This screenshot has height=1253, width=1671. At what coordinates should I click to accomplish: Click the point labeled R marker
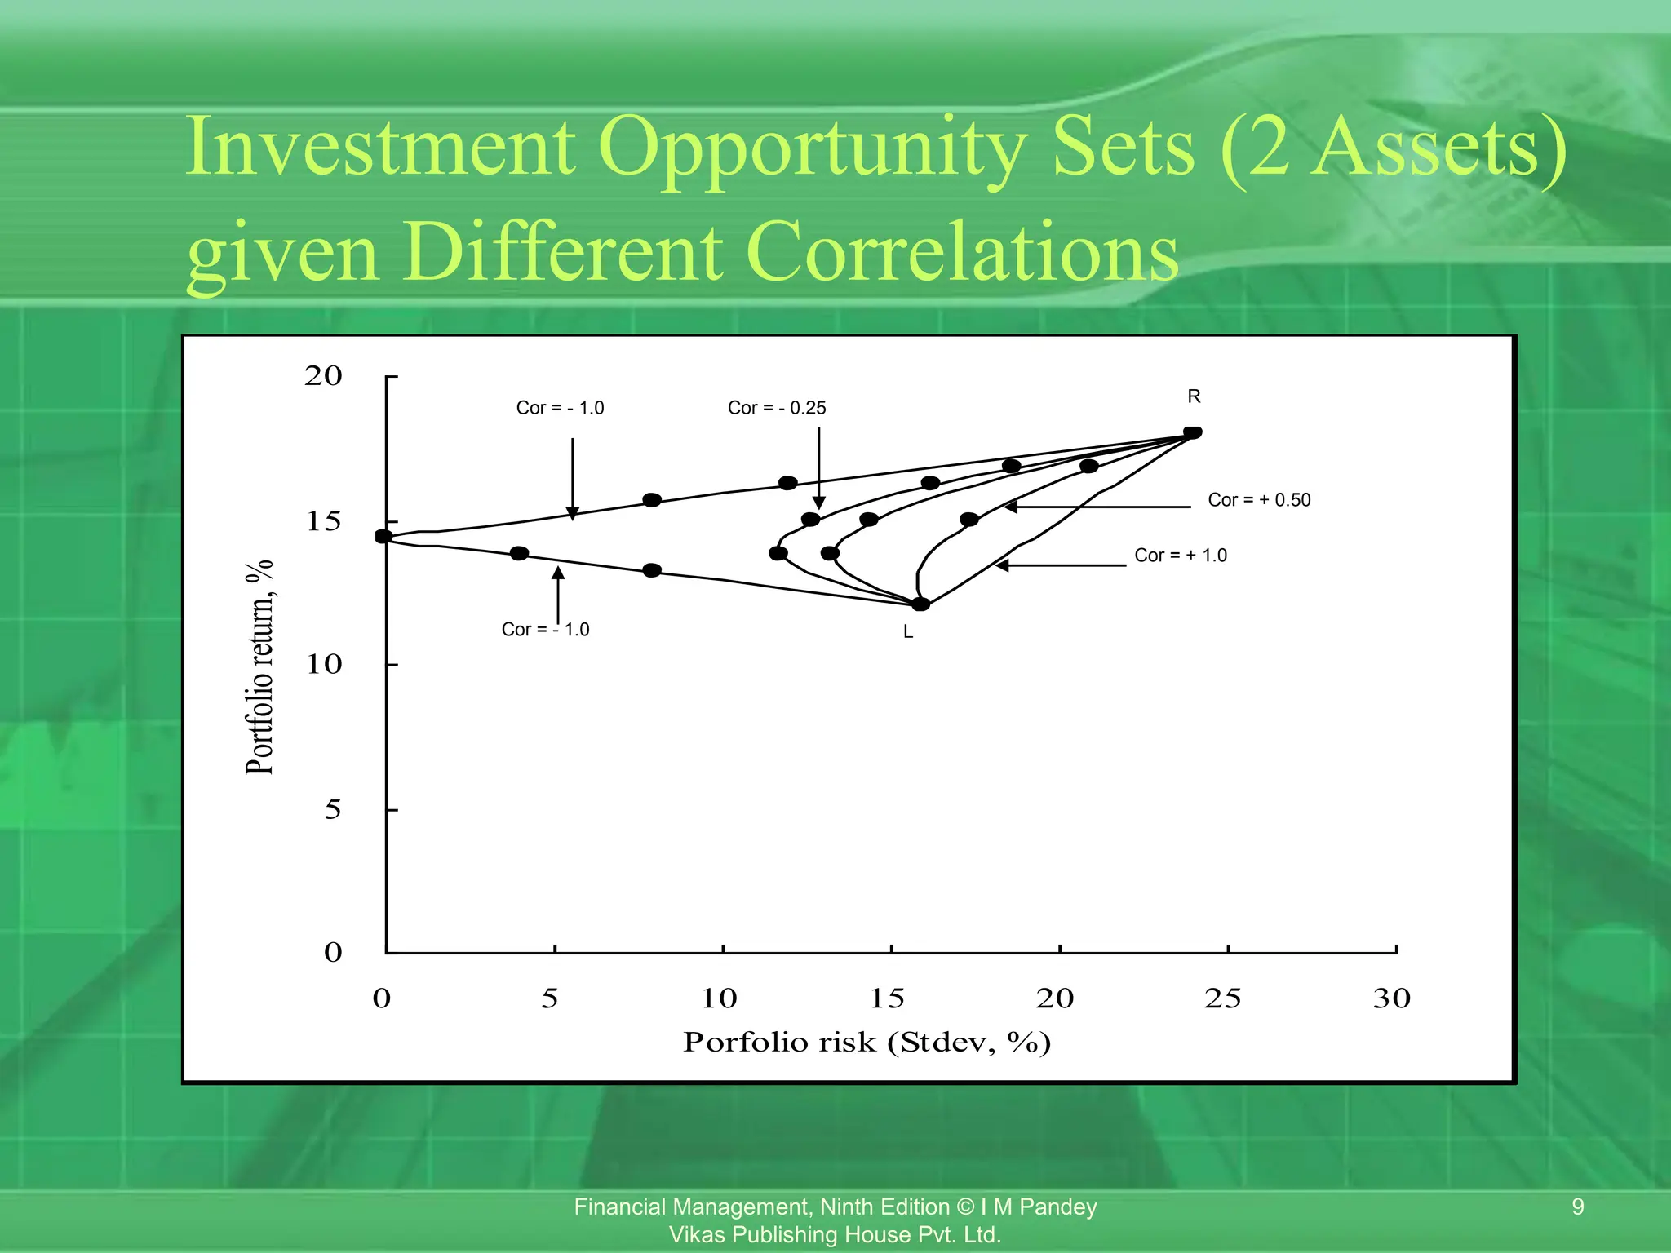pyautogui.click(x=1192, y=432)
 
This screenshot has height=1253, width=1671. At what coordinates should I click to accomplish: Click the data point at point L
pyautogui.click(x=920, y=604)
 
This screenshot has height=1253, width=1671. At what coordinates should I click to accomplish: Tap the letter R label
pyautogui.click(x=1194, y=396)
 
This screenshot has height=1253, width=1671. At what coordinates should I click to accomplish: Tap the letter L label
pyautogui.click(x=908, y=632)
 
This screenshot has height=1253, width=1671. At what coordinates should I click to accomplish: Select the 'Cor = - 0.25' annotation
pyautogui.click(x=777, y=408)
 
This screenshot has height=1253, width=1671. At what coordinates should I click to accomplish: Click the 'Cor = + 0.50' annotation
pyautogui.click(x=1259, y=500)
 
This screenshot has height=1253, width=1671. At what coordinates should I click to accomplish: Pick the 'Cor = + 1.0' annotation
pyautogui.click(x=1181, y=556)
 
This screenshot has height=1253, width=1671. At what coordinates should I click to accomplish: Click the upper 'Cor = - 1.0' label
pyautogui.click(x=560, y=408)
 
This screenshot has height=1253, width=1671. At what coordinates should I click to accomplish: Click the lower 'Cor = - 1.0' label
pyautogui.click(x=545, y=630)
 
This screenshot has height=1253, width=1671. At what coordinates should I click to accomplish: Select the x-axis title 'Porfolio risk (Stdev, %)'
pyautogui.click(x=867, y=1043)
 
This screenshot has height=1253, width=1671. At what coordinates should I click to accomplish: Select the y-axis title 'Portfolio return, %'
pyautogui.click(x=259, y=667)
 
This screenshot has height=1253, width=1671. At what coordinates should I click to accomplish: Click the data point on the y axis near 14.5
pyautogui.click(x=383, y=536)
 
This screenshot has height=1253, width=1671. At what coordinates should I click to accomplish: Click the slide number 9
pyautogui.click(x=1577, y=1207)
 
